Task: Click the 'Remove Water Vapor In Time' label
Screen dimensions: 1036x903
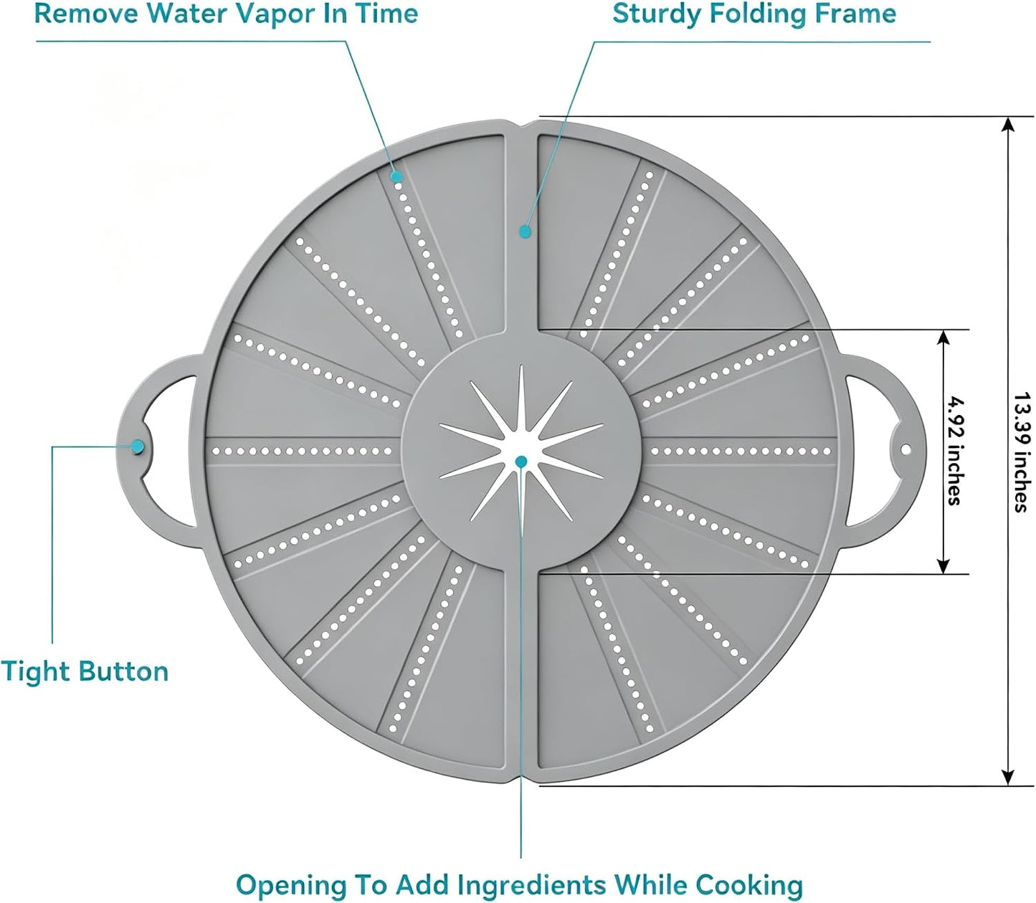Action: pyautogui.click(x=226, y=14)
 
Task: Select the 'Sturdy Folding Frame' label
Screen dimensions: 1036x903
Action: pyautogui.click(x=754, y=14)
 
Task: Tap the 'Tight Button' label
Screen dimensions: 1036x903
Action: pyautogui.click(x=85, y=672)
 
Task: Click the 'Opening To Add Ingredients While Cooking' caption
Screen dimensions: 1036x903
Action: pyautogui.click(x=520, y=885)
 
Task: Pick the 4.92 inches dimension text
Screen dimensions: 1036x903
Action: pyautogui.click(x=955, y=451)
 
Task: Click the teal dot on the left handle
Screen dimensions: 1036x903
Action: pyautogui.click(x=137, y=446)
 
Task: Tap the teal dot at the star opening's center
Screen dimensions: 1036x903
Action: pyautogui.click(x=521, y=461)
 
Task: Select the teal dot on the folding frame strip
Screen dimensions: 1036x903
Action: pyautogui.click(x=526, y=231)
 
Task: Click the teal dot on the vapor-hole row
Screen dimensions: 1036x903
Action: pyautogui.click(x=397, y=176)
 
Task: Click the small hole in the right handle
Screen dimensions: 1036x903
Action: pyautogui.click(x=906, y=449)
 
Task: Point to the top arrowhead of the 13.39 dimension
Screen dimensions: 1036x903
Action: pyautogui.click(x=1009, y=125)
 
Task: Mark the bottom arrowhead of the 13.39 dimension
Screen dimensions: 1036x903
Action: pyautogui.click(x=1009, y=778)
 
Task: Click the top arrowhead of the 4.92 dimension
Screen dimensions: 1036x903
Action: pyautogui.click(x=942, y=338)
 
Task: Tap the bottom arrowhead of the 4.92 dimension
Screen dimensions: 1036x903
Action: pyautogui.click(x=942, y=566)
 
